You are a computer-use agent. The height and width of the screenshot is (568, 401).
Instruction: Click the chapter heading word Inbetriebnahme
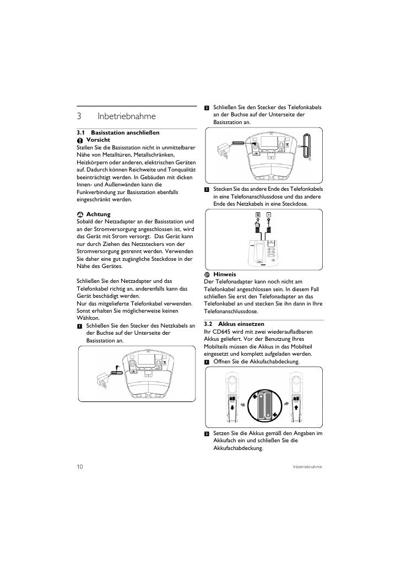click(x=127, y=116)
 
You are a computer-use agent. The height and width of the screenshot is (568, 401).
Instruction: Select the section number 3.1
click(x=80, y=132)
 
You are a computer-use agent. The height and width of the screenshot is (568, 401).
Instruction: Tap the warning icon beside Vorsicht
click(x=80, y=140)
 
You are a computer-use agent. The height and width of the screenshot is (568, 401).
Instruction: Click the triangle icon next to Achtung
click(x=80, y=215)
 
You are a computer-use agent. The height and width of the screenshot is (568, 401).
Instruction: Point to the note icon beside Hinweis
click(x=207, y=275)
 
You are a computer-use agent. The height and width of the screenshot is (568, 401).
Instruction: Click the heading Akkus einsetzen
click(x=241, y=324)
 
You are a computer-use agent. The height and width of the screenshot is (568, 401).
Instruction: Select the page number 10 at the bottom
click(x=80, y=467)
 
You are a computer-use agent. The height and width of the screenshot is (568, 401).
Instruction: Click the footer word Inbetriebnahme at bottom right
click(x=307, y=467)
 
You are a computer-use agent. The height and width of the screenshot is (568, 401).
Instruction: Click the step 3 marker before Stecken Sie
click(x=207, y=190)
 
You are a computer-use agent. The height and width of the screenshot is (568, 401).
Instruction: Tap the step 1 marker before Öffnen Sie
click(x=207, y=362)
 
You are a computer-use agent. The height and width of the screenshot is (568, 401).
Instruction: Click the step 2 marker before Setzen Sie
click(x=207, y=433)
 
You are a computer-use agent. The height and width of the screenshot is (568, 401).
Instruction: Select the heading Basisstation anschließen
click(x=125, y=132)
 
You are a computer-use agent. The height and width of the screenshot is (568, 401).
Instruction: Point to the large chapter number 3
click(x=79, y=116)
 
